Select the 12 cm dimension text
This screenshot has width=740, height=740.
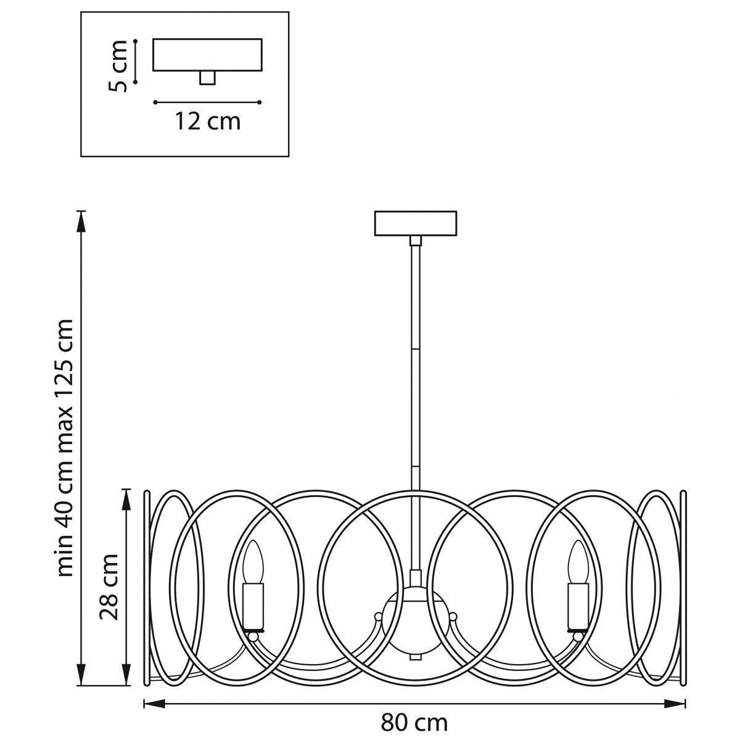208,121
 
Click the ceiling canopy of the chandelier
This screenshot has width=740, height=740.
416,223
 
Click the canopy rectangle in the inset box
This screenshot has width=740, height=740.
207,54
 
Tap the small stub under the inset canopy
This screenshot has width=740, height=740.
207,78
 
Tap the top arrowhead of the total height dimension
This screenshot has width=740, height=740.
80,221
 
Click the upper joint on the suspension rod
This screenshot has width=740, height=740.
415,348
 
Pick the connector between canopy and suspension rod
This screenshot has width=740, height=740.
415,240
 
